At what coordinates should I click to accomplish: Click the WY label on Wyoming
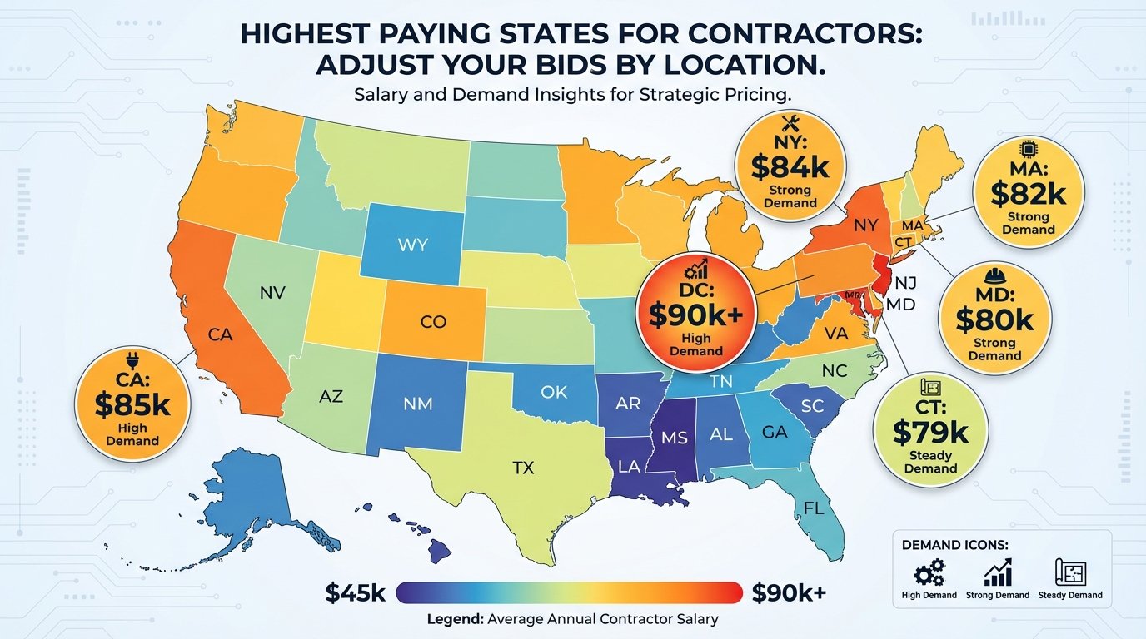pyautogui.click(x=413, y=247)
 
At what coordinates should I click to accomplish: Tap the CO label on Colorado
pyautogui.click(x=433, y=322)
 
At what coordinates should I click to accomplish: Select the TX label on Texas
pyautogui.click(x=522, y=468)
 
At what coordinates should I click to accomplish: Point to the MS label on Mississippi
pyautogui.click(x=674, y=437)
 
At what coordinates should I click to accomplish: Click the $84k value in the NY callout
pyautogui.click(x=790, y=166)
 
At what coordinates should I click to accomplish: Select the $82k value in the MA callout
pyautogui.click(x=1028, y=193)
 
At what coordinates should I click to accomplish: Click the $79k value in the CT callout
pyautogui.click(x=930, y=432)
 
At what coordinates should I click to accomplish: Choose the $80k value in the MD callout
pyautogui.click(x=994, y=319)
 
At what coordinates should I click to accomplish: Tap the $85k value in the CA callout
pyautogui.click(x=132, y=404)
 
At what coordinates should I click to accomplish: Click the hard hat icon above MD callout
pyautogui.click(x=994, y=276)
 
